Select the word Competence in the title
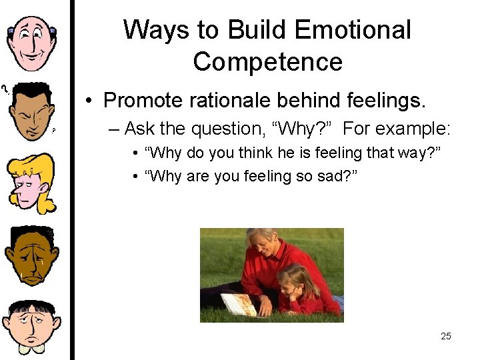267,62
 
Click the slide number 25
445,336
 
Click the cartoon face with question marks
31,111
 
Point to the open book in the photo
239,305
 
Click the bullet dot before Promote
89,101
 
